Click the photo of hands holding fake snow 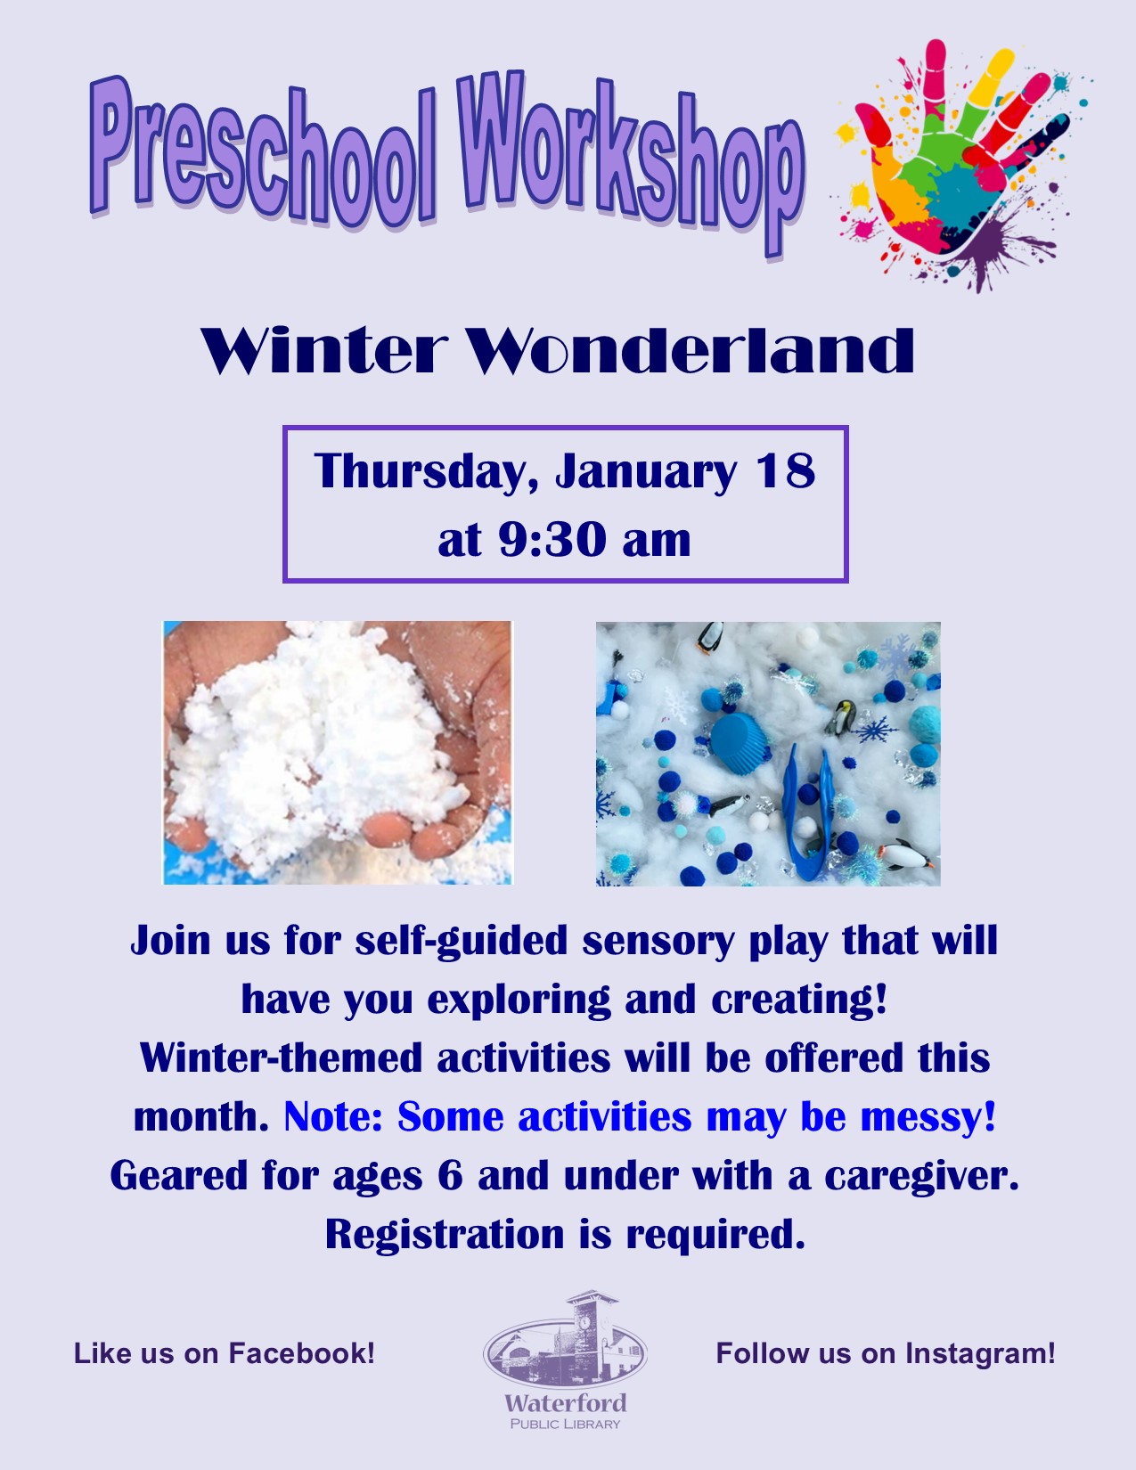[x=337, y=753]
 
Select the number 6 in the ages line [x=450, y=1176]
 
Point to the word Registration [x=444, y=1235]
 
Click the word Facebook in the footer [x=301, y=1353]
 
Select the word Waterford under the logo [x=565, y=1403]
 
